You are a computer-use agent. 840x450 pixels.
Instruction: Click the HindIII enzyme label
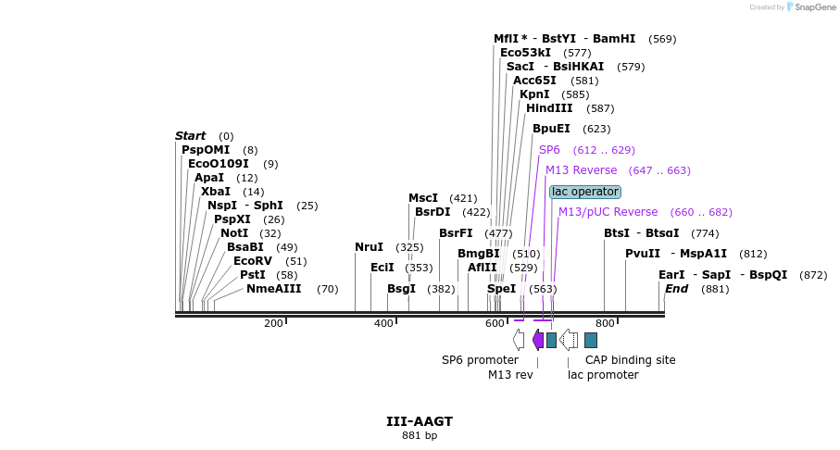(549, 108)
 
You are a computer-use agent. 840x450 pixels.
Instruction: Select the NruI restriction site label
(369, 247)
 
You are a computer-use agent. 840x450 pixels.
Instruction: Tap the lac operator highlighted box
(584, 192)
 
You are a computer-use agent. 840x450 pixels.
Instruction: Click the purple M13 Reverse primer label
(581, 170)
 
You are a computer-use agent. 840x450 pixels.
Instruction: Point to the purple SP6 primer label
(549, 150)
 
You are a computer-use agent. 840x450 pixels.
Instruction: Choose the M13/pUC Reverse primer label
(608, 212)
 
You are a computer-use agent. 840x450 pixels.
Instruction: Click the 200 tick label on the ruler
(273, 323)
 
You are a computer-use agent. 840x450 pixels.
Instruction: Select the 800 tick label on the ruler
(605, 323)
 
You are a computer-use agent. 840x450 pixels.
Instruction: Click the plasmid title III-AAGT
(420, 421)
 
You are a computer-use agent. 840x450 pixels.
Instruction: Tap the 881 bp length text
(420, 435)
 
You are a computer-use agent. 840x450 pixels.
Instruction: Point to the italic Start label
(190, 136)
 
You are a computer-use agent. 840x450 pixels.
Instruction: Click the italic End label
(676, 289)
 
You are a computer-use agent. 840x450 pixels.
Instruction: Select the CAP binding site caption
(630, 360)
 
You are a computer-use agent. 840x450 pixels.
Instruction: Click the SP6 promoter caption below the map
(480, 360)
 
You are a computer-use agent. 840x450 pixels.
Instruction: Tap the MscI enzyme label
(423, 198)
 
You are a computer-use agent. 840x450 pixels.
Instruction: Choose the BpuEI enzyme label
(551, 129)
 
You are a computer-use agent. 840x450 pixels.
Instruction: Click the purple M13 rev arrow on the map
(537, 340)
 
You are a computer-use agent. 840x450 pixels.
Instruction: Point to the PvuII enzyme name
(643, 254)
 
